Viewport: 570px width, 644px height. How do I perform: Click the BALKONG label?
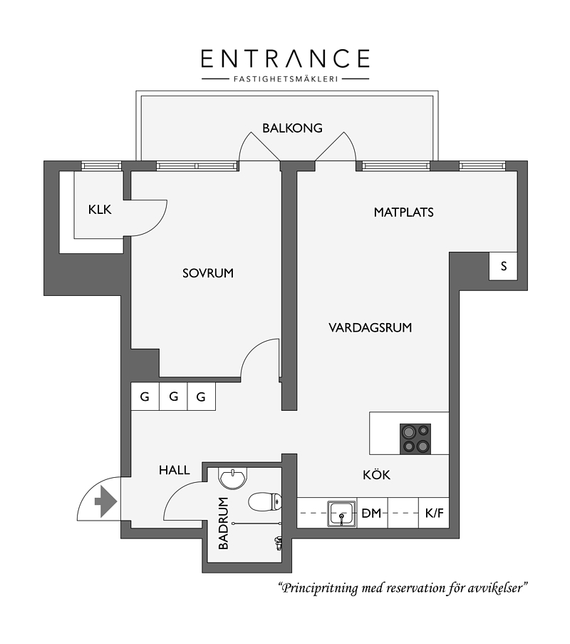(292, 128)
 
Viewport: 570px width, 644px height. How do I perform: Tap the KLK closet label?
(100, 210)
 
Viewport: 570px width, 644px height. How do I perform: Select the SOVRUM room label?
(208, 273)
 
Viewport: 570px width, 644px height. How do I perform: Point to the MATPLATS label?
(403, 213)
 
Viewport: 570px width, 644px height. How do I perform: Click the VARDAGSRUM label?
(370, 328)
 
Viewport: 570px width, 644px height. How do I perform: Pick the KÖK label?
(376, 475)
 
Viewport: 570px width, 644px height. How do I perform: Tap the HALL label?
(175, 470)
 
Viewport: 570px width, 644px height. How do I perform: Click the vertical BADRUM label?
(223, 523)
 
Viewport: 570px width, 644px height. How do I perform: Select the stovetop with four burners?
(415, 439)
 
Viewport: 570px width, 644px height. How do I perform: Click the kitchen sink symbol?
(341, 513)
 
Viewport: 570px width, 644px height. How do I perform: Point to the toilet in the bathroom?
(265, 502)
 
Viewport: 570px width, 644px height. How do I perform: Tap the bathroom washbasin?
(234, 478)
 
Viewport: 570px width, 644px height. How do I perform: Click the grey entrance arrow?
(106, 501)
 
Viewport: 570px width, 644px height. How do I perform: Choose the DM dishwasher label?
(371, 513)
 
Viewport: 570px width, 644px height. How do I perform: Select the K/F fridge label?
(434, 513)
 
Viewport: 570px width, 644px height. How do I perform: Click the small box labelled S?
(503, 266)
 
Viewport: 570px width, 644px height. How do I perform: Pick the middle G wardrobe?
(173, 397)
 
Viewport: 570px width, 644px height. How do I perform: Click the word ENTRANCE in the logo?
(286, 58)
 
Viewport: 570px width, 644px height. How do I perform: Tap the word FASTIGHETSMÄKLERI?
(286, 79)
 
